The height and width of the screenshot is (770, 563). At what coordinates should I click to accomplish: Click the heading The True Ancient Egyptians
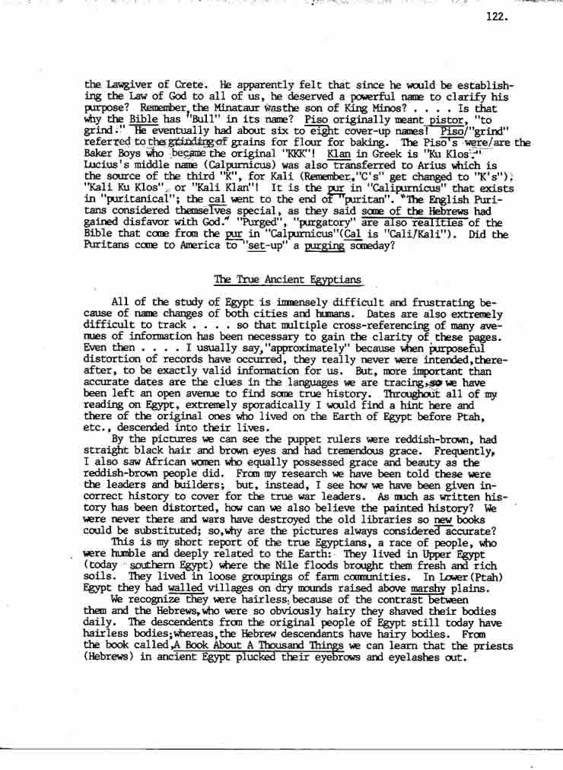288,281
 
